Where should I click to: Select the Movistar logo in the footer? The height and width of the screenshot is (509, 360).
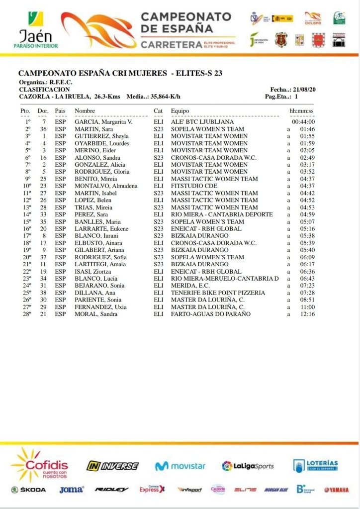[180, 466]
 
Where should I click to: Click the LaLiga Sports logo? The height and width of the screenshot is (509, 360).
[248, 466]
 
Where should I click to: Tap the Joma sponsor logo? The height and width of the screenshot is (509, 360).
[72, 490]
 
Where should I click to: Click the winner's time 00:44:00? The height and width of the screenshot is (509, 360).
[303, 122]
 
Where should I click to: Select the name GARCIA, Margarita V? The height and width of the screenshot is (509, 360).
[103, 122]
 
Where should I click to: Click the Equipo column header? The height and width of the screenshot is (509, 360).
[180, 110]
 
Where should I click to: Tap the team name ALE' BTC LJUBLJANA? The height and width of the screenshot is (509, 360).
[202, 122]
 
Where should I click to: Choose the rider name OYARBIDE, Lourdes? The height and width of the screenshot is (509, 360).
[102, 143]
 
